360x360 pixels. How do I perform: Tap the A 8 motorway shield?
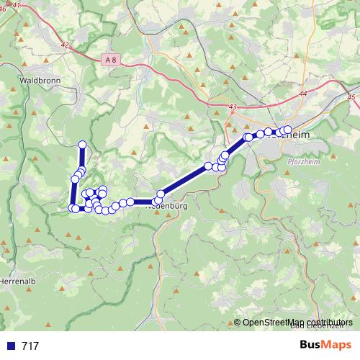[109, 61]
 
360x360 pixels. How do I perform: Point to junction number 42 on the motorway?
[65, 45]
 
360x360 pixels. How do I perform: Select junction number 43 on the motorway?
[231, 107]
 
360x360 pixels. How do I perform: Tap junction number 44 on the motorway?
[302, 94]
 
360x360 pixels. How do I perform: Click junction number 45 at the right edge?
[351, 96]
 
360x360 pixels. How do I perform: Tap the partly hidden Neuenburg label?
[168, 206]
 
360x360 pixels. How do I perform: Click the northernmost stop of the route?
[82, 145]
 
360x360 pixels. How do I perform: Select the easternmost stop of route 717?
[287, 130]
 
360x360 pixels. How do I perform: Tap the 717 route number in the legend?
[30, 346]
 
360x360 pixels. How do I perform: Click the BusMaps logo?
[325, 346]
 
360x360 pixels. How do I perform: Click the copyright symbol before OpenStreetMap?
[237, 323]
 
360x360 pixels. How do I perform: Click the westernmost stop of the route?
[72, 208]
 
